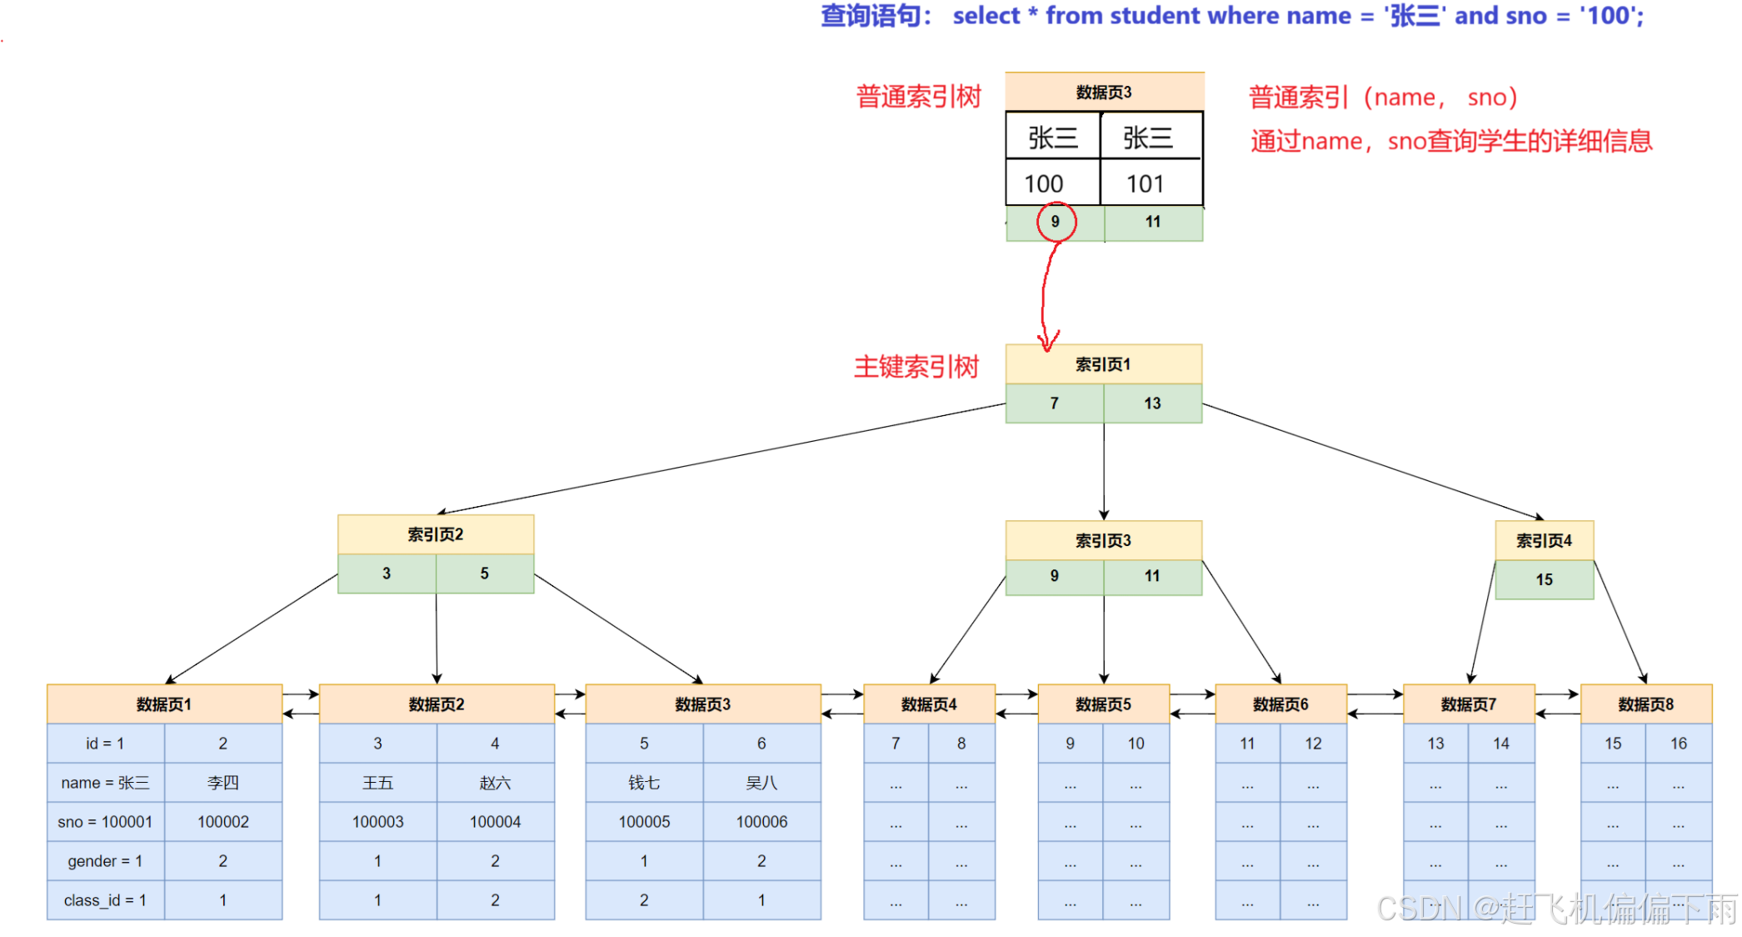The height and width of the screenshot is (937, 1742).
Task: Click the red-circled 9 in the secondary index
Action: [1056, 222]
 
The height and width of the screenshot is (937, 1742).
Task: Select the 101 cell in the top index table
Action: [1146, 183]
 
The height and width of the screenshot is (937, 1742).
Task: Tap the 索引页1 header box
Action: [1103, 364]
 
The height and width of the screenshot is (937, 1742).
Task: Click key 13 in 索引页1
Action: [1152, 403]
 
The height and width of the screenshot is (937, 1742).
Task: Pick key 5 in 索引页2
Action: [484, 574]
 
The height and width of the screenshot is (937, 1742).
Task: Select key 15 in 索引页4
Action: [1544, 579]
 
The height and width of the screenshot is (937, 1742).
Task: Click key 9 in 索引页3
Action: [1054, 576]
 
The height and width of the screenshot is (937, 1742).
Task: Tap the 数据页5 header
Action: [1103, 704]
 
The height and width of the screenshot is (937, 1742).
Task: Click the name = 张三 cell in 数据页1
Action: [106, 783]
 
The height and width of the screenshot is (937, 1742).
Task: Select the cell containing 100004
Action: [495, 822]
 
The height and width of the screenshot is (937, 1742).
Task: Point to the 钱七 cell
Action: [644, 783]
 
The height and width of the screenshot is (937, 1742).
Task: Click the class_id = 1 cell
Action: [106, 900]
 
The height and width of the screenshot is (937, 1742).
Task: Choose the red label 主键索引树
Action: [916, 367]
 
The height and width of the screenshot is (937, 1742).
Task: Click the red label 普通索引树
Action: [919, 97]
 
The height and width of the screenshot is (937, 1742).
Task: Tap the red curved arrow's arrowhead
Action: [1046, 342]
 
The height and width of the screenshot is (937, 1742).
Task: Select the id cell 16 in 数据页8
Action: [1678, 744]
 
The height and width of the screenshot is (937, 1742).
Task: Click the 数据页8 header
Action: [1645, 704]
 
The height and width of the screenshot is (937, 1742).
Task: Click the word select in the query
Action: [986, 16]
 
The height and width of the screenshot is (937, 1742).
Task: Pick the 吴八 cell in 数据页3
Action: [761, 783]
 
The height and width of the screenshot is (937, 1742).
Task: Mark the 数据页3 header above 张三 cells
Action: [1103, 93]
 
